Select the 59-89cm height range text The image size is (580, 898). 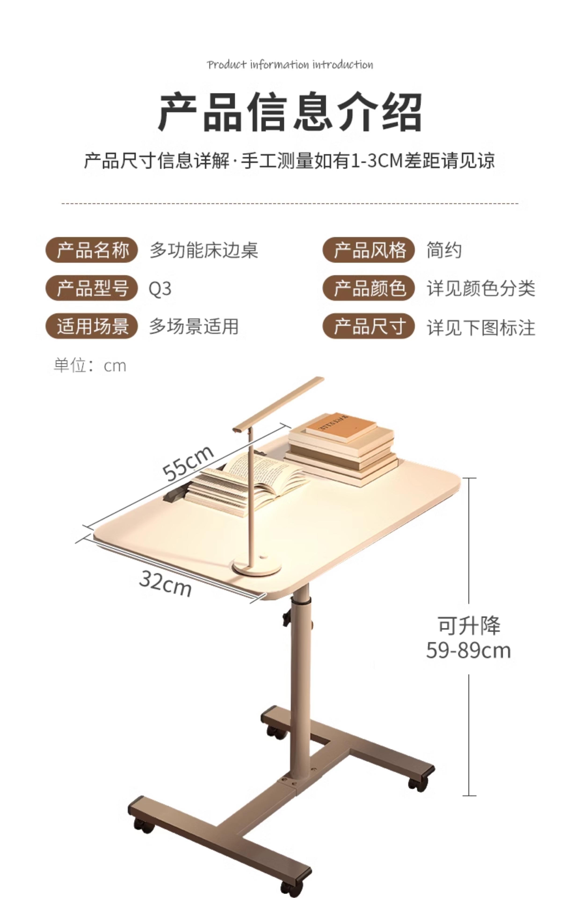pos(468,650)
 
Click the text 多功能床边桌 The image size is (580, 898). pos(204,250)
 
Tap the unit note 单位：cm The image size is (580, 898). pos(90,366)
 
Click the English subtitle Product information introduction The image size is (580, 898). pos(290,65)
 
